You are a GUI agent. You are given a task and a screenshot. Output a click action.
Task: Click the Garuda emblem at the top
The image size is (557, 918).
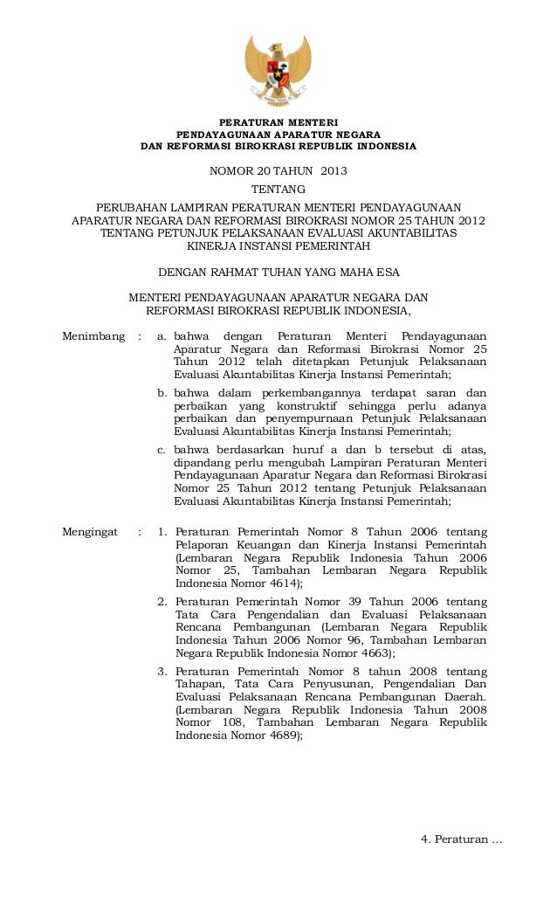(x=278, y=69)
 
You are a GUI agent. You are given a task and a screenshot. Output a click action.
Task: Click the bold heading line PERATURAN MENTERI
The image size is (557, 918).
(x=278, y=121)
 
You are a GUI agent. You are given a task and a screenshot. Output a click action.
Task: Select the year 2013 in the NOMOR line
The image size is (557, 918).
(x=334, y=170)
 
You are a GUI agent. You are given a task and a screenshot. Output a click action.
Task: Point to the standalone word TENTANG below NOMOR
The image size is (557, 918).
(x=278, y=189)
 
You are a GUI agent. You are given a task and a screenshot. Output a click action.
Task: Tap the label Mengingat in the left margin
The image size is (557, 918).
(x=90, y=532)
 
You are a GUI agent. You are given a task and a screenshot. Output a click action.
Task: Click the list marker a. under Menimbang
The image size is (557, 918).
(x=162, y=337)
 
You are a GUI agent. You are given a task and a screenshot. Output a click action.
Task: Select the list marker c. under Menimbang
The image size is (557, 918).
(x=162, y=450)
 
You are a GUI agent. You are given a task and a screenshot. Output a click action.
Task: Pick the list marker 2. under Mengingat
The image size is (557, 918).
(x=162, y=602)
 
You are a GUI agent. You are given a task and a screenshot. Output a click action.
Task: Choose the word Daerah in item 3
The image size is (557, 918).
(x=462, y=697)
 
